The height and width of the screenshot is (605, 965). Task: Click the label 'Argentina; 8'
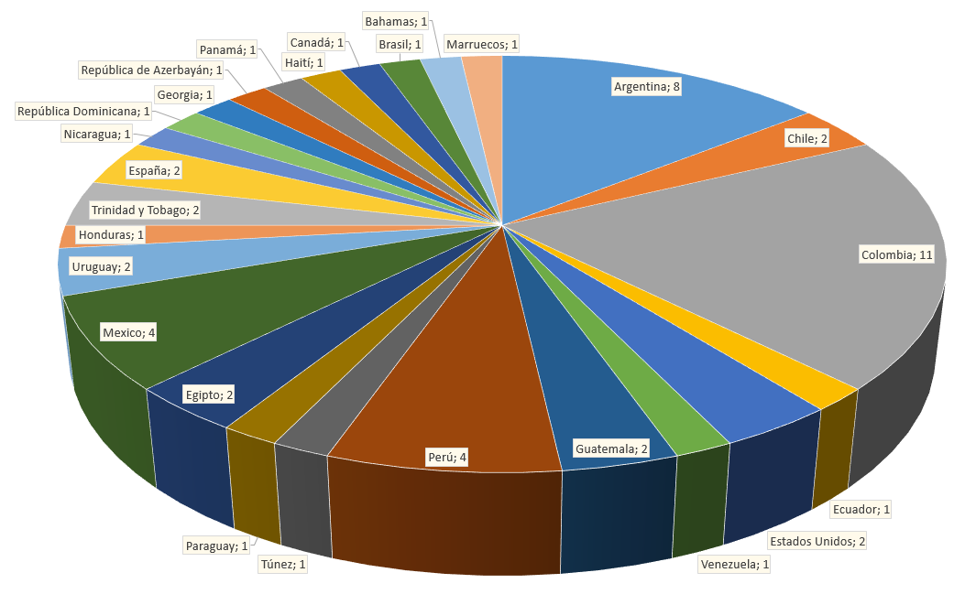(647, 87)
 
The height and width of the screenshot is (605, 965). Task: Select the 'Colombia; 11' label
(897, 254)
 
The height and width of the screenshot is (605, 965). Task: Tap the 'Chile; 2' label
(807, 138)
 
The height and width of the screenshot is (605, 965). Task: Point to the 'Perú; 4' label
(447, 457)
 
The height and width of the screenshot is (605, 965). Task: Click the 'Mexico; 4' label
(129, 332)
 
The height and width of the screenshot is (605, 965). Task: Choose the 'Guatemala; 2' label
(612, 448)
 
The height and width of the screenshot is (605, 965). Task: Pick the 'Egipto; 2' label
(209, 394)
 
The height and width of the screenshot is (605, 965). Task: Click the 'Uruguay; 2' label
(102, 266)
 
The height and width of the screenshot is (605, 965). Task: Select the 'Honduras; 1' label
(112, 235)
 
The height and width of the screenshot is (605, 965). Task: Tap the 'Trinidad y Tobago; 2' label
(145, 210)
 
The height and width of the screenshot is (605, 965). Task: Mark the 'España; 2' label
(154, 170)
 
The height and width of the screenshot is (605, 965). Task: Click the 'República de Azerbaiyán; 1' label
(152, 70)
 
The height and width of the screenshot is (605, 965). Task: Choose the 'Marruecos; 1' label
(482, 44)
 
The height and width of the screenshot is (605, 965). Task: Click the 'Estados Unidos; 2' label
(817, 541)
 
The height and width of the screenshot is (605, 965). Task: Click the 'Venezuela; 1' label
(735, 565)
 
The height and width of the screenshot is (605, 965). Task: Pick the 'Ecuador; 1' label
(861, 509)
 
